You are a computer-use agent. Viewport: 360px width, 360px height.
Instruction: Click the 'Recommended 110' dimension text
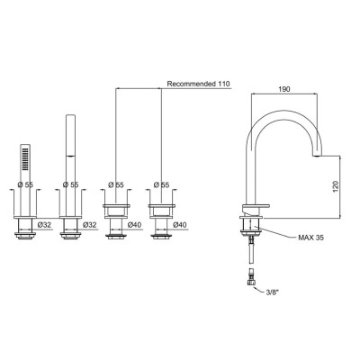coord(198,84)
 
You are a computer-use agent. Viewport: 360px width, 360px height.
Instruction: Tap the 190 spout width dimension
coord(284,89)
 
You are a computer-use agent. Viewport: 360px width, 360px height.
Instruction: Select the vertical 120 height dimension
coord(336,186)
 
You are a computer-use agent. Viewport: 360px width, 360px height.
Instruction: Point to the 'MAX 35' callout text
coord(310,238)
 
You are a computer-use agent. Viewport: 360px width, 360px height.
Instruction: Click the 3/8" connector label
coord(272,292)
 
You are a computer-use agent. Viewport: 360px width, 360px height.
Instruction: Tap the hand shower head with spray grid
coord(25,158)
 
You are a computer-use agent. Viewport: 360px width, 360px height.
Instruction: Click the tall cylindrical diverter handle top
coord(70,135)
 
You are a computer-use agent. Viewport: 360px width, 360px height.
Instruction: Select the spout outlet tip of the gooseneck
coord(317,156)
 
